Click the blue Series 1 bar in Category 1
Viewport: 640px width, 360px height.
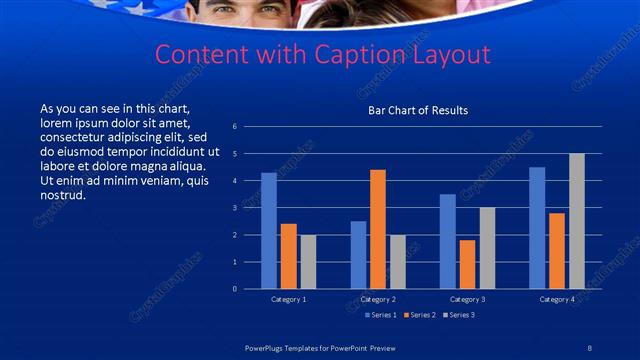coord(269,231)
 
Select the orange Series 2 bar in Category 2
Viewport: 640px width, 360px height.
coord(378,229)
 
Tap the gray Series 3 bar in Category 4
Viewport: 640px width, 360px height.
coord(577,221)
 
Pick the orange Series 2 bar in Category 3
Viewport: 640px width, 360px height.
coord(467,264)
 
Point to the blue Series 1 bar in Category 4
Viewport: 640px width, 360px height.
coord(537,228)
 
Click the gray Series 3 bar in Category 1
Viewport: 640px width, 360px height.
coord(308,262)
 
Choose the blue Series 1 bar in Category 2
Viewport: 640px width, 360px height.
coord(358,255)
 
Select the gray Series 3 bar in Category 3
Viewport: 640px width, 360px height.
coord(487,248)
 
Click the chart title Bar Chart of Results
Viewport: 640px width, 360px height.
coord(418,110)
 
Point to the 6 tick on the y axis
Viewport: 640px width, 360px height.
coord(234,127)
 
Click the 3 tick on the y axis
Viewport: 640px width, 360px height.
coord(234,208)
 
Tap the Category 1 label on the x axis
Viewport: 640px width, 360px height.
coord(289,299)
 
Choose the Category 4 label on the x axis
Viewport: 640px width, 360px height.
coord(557,299)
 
